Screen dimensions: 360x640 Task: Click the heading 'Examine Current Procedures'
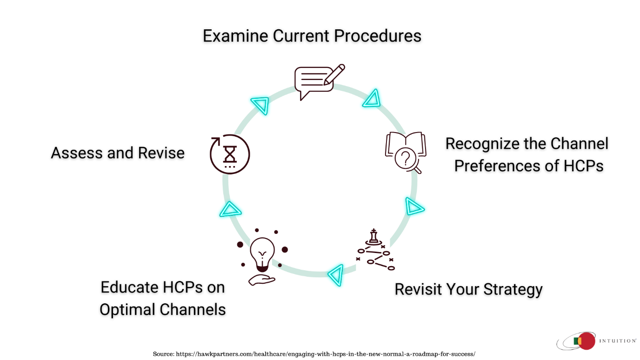click(x=312, y=36)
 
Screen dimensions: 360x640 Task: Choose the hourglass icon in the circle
click(x=230, y=154)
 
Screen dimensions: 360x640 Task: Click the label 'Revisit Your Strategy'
click(x=468, y=289)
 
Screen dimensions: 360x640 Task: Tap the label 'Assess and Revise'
click(x=118, y=153)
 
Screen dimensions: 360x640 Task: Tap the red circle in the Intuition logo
click(x=587, y=341)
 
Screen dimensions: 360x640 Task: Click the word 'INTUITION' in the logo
click(x=617, y=341)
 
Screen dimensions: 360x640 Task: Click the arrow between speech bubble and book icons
click(x=372, y=99)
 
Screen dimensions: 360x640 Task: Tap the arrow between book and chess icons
click(x=413, y=206)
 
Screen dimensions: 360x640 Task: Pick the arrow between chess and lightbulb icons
click(x=336, y=274)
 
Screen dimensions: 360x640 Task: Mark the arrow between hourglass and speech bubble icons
click(x=260, y=105)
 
